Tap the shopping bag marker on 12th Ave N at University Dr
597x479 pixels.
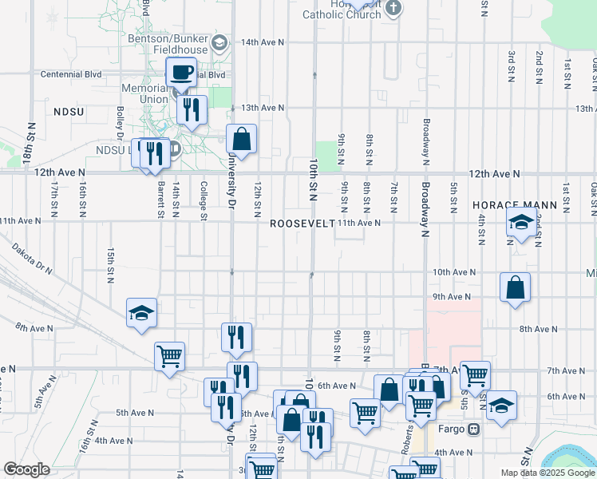[241, 141]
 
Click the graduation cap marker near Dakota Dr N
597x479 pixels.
[141, 314]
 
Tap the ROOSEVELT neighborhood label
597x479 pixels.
[302, 224]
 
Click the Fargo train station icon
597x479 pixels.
[473, 429]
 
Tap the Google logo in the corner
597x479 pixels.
[26, 469]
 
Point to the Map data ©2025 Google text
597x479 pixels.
[547, 473]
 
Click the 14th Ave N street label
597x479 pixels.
[263, 42]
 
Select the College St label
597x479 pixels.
[203, 200]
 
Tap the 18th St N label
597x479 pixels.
[30, 144]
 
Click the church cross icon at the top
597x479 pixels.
[391, 9]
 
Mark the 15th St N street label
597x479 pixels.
[110, 263]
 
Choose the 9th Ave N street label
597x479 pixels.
[453, 297]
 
